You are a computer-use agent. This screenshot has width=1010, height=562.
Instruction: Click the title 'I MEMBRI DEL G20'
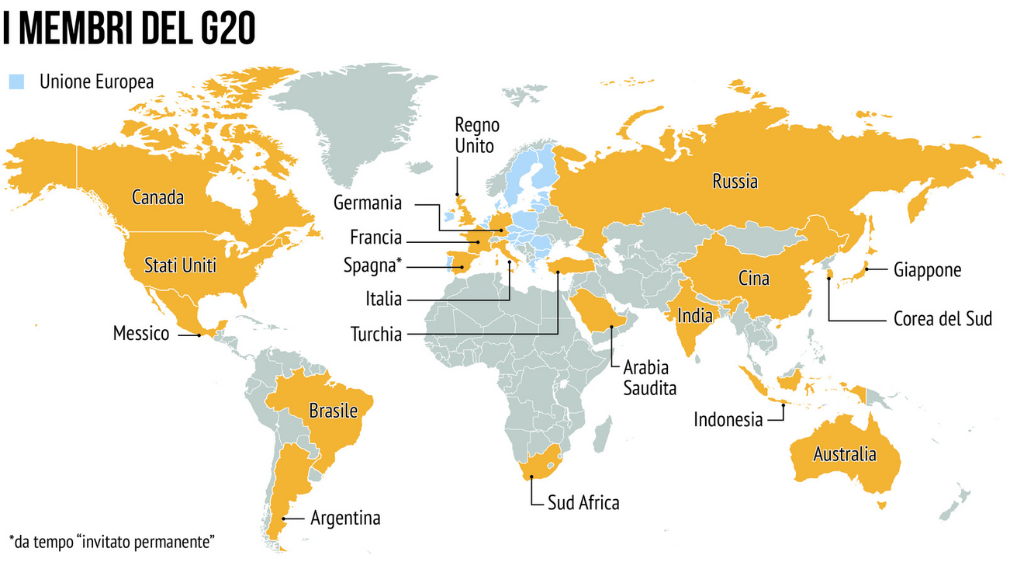(x=129, y=29)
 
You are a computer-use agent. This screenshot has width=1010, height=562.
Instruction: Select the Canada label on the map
(x=157, y=198)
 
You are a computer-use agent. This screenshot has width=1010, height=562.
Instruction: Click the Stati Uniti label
(x=180, y=266)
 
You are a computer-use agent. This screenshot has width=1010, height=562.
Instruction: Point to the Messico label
(x=140, y=335)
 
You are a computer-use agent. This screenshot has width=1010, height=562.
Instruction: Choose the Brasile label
(x=333, y=411)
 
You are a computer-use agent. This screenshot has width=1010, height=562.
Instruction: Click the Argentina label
(x=345, y=518)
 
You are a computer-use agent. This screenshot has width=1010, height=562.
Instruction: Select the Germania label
(x=368, y=203)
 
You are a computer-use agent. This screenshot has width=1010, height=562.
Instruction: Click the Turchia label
(x=376, y=335)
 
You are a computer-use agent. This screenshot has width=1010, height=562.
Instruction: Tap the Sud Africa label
(x=583, y=502)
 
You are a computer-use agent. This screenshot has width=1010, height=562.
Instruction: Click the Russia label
(x=735, y=182)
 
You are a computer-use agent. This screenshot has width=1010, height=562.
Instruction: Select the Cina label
(x=753, y=278)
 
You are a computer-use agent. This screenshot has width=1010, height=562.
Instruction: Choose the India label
(x=694, y=316)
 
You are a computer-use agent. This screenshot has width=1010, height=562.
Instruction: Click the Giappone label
(x=927, y=270)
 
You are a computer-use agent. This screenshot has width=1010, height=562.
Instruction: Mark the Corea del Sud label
(x=943, y=319)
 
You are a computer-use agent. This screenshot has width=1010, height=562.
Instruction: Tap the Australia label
(x=844, y=454)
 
